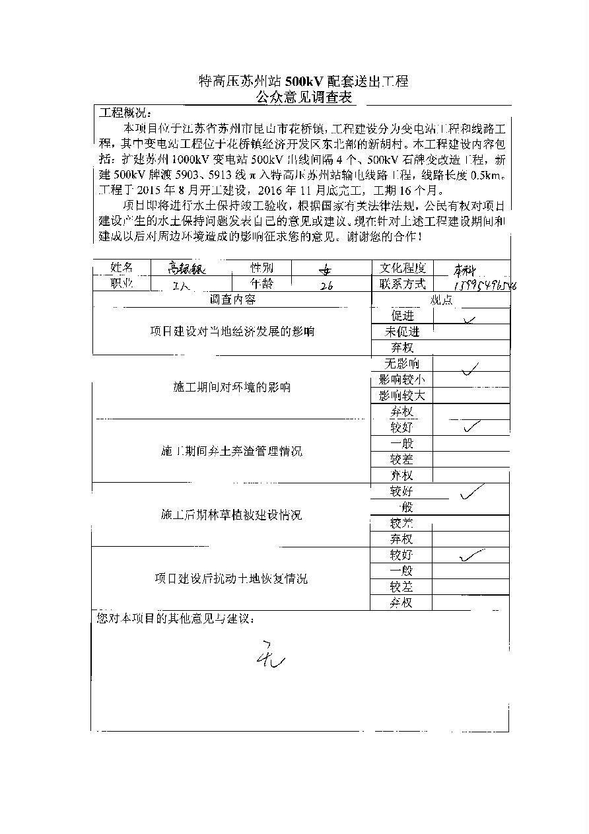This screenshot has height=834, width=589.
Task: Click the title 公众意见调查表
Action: click(x=304, y=98)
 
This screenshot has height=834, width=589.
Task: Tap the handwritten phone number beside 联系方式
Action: click(x=485, y=285)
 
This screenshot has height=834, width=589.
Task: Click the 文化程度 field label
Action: click(x=403, y=267)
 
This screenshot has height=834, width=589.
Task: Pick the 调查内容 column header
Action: click(x=232, y=300)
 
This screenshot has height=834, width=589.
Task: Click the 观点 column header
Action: click(x=441, y=300)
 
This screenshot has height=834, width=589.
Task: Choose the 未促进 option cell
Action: click(x=402, y=331)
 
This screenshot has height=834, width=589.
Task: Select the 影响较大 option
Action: click(x=401, y=396)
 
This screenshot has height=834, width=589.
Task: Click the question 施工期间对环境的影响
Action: click(x=231, y=388)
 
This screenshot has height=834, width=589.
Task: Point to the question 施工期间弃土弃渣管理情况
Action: click(x=231, y=452)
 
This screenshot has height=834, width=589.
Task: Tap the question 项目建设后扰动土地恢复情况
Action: click(x=231, y=579)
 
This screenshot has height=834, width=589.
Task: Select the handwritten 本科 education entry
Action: click(x=468, y=269)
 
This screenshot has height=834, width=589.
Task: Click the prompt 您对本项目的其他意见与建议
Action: click(x=174, y=619)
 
